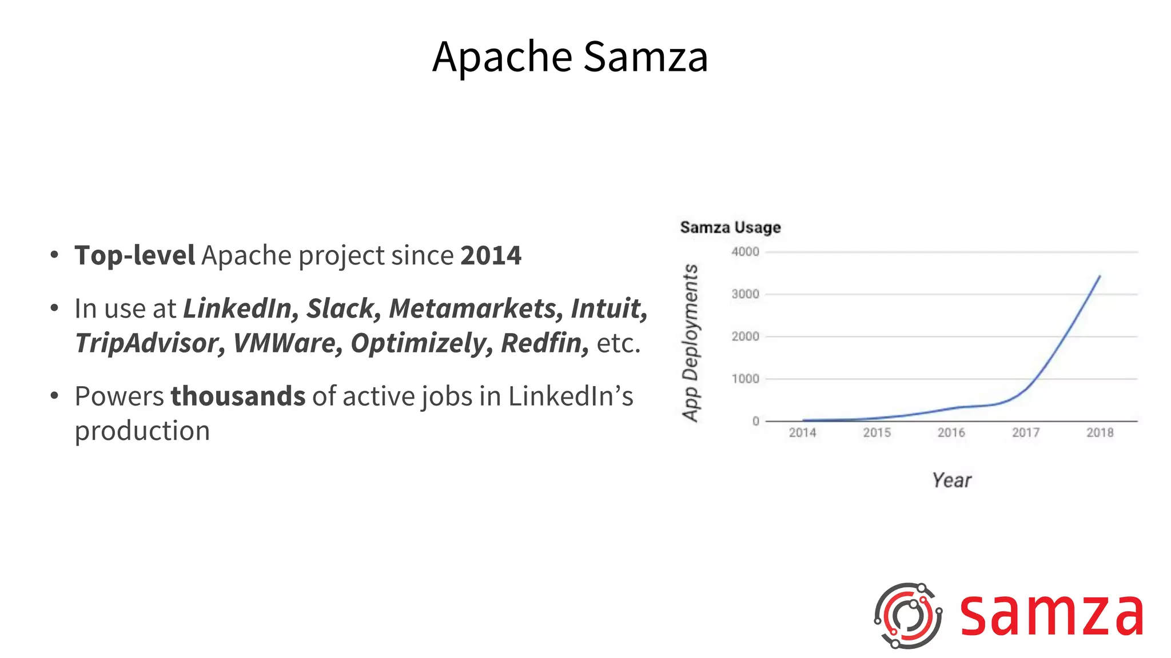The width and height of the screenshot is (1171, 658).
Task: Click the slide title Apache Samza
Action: [x=570, y=57]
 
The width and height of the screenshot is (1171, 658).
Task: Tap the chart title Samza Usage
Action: [x=730, y=227]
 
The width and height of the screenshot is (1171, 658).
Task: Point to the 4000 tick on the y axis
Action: [x=745, y=252]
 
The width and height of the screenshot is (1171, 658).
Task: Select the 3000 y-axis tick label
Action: [x=745, y=294]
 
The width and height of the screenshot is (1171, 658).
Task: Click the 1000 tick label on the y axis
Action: [x=745, y=379]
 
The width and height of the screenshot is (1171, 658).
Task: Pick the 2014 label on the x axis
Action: [x=802, y=433]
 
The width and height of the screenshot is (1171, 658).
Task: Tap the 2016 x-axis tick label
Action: [x=951, y=433]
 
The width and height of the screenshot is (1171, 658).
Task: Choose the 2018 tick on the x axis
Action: [x=1100, y=433]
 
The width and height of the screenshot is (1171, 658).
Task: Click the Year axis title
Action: [x=951, y=480]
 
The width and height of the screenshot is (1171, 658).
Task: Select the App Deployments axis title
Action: [x=691, y=343]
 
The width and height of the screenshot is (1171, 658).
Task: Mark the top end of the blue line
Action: [x=1100, y=276]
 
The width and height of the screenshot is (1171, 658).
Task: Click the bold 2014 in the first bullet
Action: [x=491, y=255]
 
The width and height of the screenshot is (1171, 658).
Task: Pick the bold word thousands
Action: [x=238, y=396]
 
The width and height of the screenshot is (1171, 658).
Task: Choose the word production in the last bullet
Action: [x=142, y=431]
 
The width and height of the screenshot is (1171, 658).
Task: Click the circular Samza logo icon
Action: [x=907, y=616]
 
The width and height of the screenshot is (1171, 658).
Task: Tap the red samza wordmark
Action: [x=1051, y=616]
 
